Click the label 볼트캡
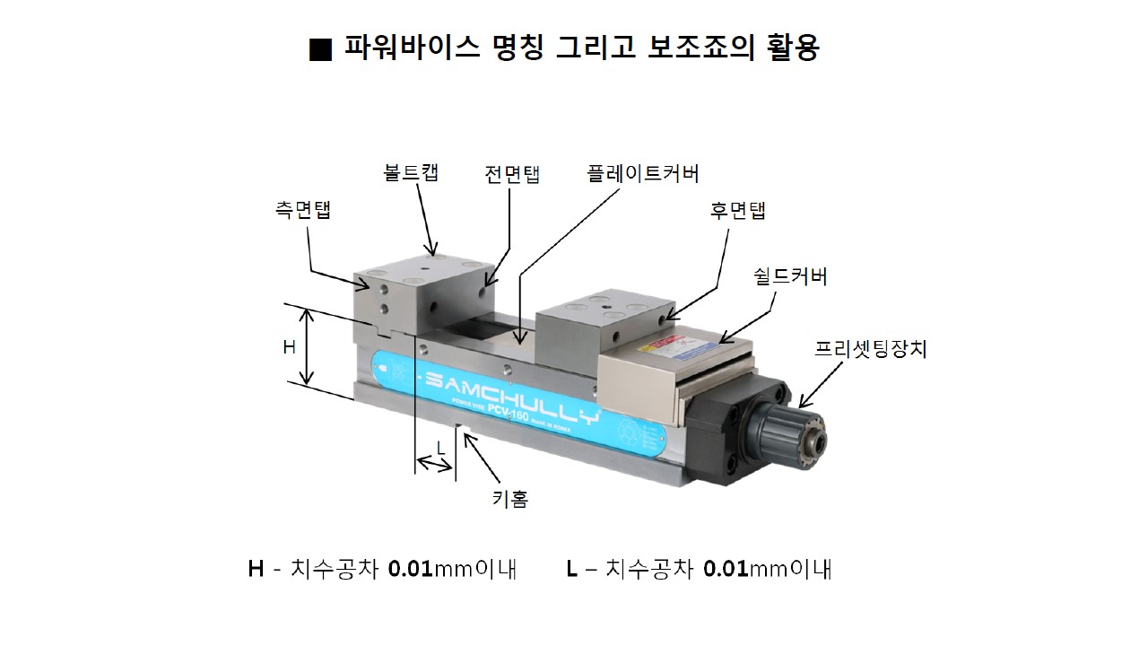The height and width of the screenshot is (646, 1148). (411, 172)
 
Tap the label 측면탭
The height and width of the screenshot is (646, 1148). (303, 210)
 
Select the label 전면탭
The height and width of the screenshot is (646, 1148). (512, 174)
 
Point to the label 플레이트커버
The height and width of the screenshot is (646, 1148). (643, 174)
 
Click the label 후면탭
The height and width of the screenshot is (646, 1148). (737, 210)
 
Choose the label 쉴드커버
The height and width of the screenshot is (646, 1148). (790, 276)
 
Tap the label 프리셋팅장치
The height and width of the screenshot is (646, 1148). (871, 349)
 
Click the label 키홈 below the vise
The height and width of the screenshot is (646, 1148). (510, 498)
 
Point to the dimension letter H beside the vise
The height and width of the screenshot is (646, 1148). (289, 347)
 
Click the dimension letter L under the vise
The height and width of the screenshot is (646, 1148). (440, 449)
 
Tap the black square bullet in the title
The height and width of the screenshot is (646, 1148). (320, 50)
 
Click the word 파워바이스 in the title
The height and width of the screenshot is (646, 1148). (412, 48)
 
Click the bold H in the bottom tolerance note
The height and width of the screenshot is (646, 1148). (256, 569)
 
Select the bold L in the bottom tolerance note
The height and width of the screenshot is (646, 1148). (571, 569)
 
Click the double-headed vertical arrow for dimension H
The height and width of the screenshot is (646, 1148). (307, 346)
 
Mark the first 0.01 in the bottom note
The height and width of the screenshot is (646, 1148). (411, 569)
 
